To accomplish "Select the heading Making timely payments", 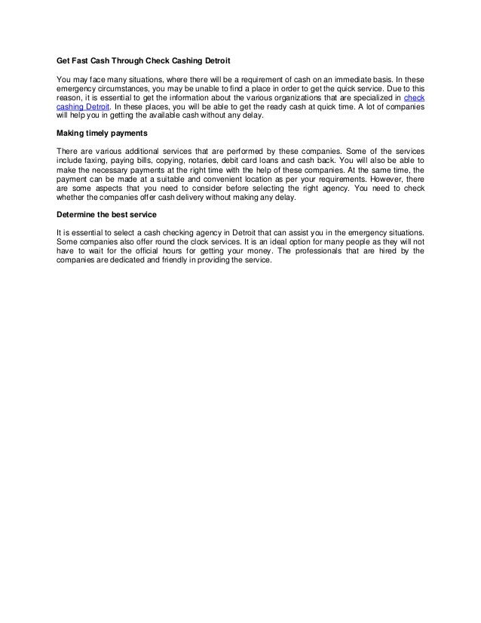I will pyautogui.click(x=102, y=135).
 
